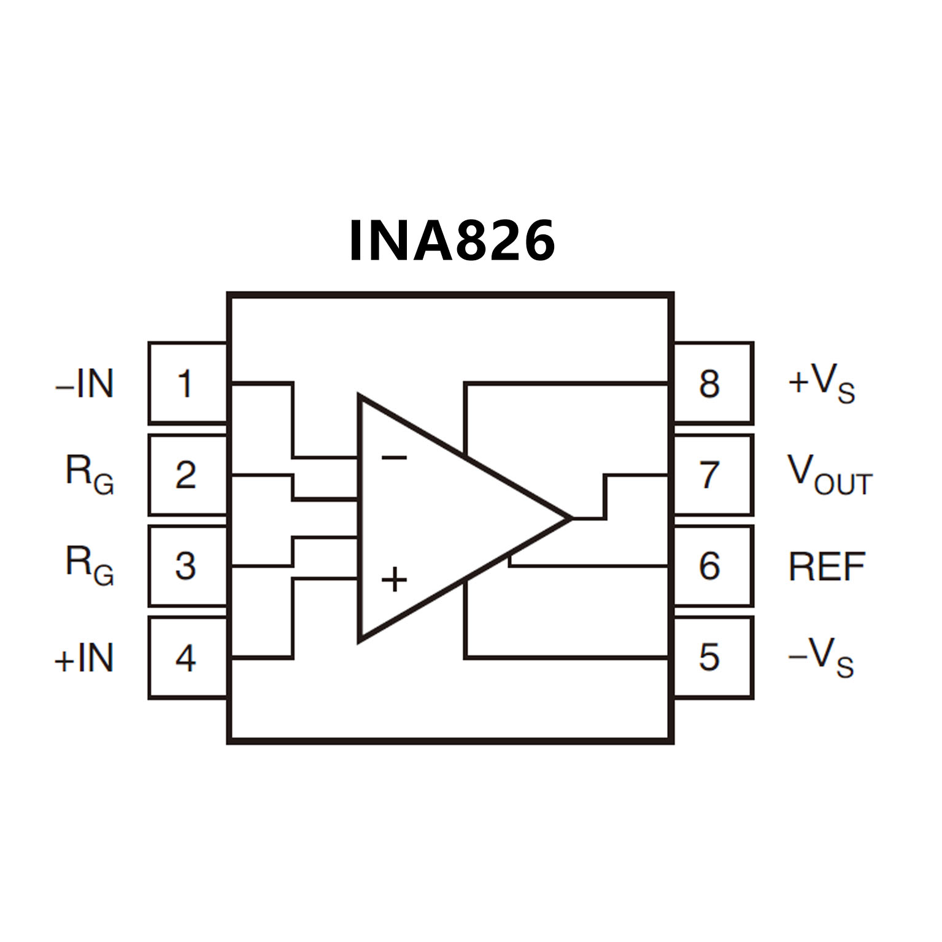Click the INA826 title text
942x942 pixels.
click(x=452, y=241)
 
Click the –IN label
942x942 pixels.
click(x=85, y=384)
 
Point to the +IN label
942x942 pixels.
click(x=85, y=658)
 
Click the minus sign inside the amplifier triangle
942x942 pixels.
click(x=393, y=457)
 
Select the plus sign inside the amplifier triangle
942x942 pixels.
click(x=394, y=579)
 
